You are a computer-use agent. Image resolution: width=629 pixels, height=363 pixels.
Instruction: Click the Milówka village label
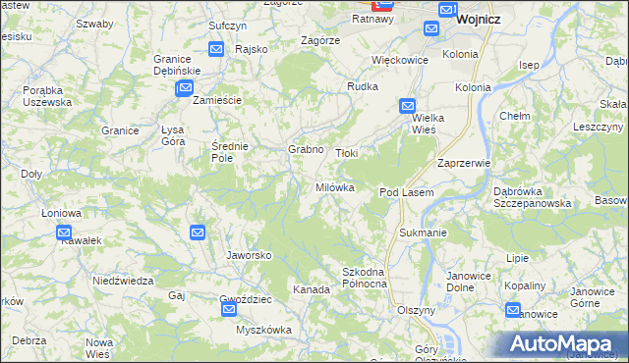pos(333,187)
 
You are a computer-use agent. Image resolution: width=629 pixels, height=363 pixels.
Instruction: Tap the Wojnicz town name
pos(481,18)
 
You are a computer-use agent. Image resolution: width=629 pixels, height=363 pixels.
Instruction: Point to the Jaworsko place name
pos(249,255)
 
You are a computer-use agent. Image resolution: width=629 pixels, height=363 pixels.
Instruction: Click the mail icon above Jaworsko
pos(198,233)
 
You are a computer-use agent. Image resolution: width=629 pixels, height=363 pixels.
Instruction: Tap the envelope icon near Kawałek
pos(65,233)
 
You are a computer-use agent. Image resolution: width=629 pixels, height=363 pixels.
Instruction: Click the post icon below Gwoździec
pos(229,310)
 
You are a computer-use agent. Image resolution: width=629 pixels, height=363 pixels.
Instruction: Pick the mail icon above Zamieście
pos(184,89)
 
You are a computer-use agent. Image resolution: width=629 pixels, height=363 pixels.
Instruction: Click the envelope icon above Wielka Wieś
pos(407,106)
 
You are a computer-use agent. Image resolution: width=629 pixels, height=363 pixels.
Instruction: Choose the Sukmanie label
pos(424,233)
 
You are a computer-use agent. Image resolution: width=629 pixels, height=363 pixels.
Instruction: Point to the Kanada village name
pos(311,290)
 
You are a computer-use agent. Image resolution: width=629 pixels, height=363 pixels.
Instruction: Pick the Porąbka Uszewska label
pos(47,96)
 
